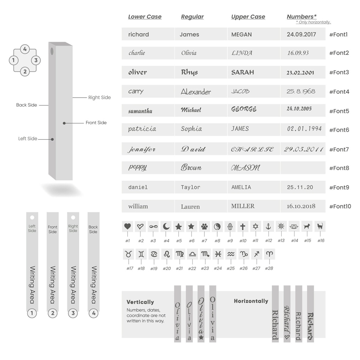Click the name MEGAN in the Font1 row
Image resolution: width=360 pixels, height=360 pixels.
(x=242, y=34)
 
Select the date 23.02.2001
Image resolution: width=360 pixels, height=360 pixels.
(x=300, y=73)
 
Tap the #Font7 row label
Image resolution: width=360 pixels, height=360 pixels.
(x=339, y=149)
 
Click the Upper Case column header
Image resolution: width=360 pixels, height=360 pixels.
(x=248, y=17)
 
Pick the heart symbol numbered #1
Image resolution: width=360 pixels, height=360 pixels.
(x=128, y=227)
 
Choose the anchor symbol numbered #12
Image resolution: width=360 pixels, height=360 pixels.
(x=268, y=227)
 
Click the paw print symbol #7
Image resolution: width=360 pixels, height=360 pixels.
(x=204, y=227)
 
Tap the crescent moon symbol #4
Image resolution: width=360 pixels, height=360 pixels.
(x=166, y=227)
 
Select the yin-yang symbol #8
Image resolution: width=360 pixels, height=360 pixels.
(x=217, y=227)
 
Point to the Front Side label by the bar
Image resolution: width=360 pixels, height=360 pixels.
(x=96, y=123)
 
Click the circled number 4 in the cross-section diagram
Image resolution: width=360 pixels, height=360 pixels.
(x=25, y=49)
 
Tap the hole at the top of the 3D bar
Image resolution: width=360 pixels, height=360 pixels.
(x=52, y=51)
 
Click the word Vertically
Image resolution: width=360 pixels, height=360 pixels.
(x=140, y=302)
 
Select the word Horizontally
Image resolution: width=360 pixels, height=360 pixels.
(x=251, y=301)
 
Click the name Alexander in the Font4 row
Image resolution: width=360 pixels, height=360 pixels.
(x=196, y=92)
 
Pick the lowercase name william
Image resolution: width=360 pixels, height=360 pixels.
(x=138, y=206)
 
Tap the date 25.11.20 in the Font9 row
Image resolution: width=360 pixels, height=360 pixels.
(x=300, y=187)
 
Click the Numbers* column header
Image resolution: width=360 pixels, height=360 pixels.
(x=301, y=17)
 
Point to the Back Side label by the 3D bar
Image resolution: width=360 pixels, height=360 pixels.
(x=26, y=105)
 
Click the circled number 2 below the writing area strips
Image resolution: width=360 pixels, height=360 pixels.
(x=53, y=313)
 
